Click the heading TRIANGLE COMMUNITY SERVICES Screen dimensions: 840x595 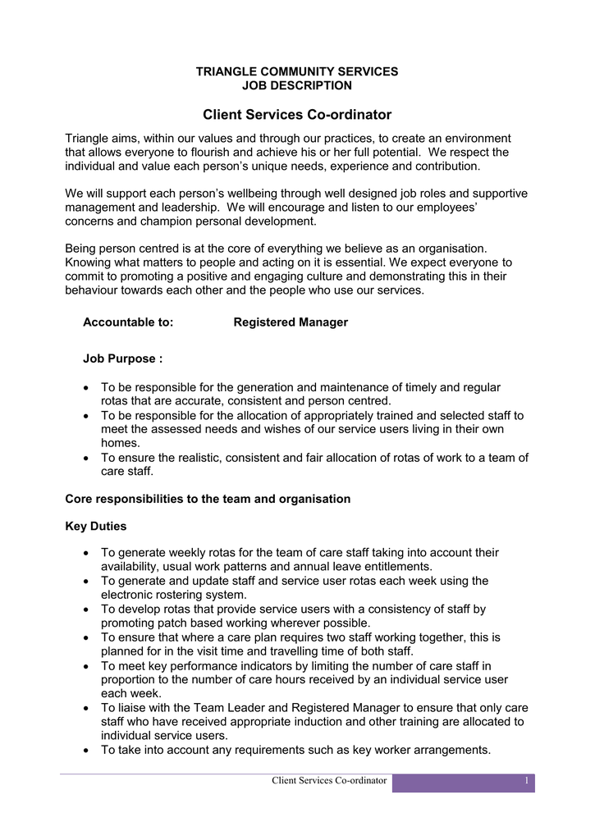(297, 71)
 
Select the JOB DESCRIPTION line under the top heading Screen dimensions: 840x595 (297, 85)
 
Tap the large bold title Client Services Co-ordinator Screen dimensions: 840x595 (297, 115)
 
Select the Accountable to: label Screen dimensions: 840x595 (128, 322)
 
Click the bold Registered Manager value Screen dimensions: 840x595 (291, 322)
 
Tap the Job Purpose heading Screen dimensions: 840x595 (122, 359)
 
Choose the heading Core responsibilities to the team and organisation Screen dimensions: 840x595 (208, 499)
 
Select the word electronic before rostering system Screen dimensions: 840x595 (131, 595)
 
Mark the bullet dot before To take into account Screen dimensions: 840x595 (87, 750)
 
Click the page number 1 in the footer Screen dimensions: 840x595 (526, 780)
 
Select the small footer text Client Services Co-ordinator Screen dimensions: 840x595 (329, 780)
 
